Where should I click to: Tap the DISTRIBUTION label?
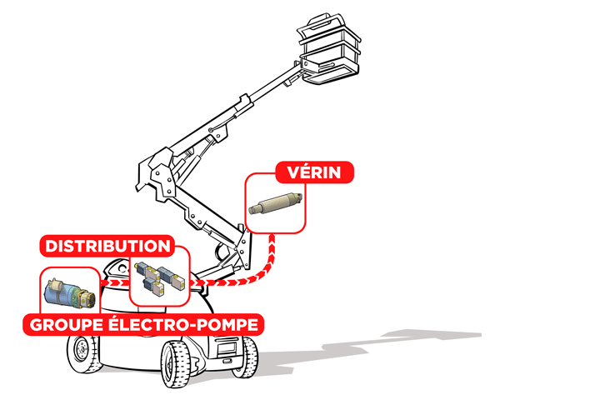[107, 246]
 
